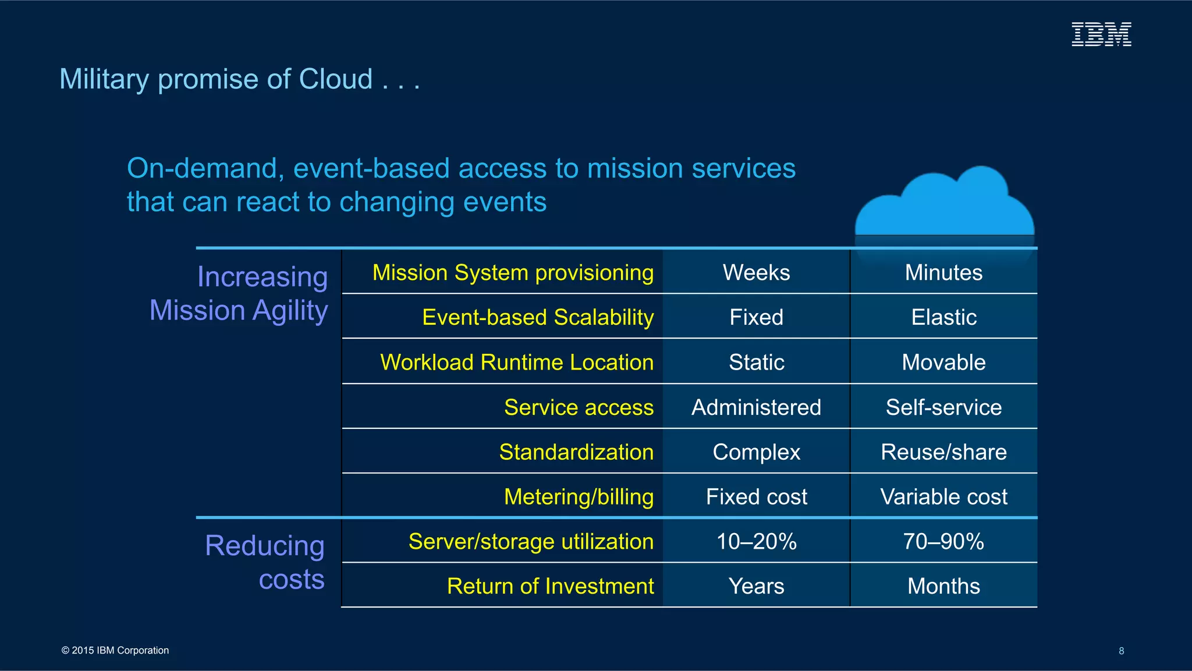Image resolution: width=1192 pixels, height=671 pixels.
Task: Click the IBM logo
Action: point(1101,34)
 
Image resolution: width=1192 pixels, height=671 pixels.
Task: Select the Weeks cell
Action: point(756,272)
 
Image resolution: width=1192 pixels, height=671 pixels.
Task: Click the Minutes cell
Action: point(943,272)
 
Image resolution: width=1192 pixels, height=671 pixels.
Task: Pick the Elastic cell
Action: point(943,317)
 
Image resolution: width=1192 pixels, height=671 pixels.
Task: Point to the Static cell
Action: point(756,362)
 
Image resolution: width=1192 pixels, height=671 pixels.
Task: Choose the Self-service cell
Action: point(943,407)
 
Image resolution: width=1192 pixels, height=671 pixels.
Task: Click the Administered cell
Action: point(756,407)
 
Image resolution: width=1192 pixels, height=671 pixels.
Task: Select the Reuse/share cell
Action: point(943,452)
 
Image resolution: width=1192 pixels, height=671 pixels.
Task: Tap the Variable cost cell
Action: point(943,496)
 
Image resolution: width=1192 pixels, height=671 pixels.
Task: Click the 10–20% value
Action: point(756,541)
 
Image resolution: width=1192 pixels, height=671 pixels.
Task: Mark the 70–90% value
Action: point(943,541)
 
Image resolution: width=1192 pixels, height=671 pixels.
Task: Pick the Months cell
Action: point(943,586)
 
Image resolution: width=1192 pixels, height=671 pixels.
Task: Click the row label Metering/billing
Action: point(579,496)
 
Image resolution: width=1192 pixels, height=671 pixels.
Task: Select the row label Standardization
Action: point(576,452)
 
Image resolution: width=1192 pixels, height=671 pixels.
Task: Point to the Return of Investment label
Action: point(550,586)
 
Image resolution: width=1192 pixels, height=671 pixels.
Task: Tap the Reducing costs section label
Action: point(265,562)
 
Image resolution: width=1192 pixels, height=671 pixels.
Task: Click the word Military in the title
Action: point(104,79)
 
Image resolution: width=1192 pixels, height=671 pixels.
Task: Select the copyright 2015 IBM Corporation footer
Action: point(115,650)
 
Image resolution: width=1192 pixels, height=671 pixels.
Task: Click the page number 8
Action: point(1121,651)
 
